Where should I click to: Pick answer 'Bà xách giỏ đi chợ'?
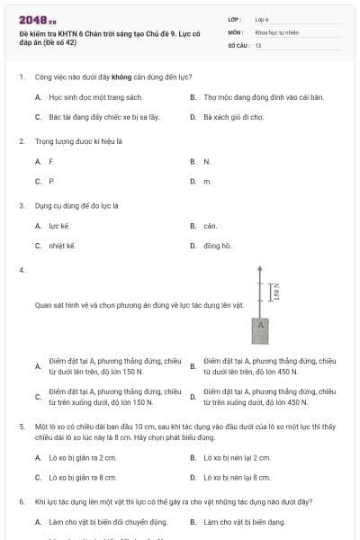coord(233,117)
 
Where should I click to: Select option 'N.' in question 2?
coord(207,161)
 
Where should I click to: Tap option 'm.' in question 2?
coord(207,181)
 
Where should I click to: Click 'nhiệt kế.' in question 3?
coord(62,245)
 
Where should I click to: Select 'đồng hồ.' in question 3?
coord(218,245)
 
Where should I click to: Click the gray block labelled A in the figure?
coord(260,324)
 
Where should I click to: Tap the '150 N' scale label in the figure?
coord(276,290)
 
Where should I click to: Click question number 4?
coord(21,269)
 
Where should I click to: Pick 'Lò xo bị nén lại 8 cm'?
coord(237,477)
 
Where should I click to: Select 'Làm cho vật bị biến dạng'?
coord(244,521)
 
